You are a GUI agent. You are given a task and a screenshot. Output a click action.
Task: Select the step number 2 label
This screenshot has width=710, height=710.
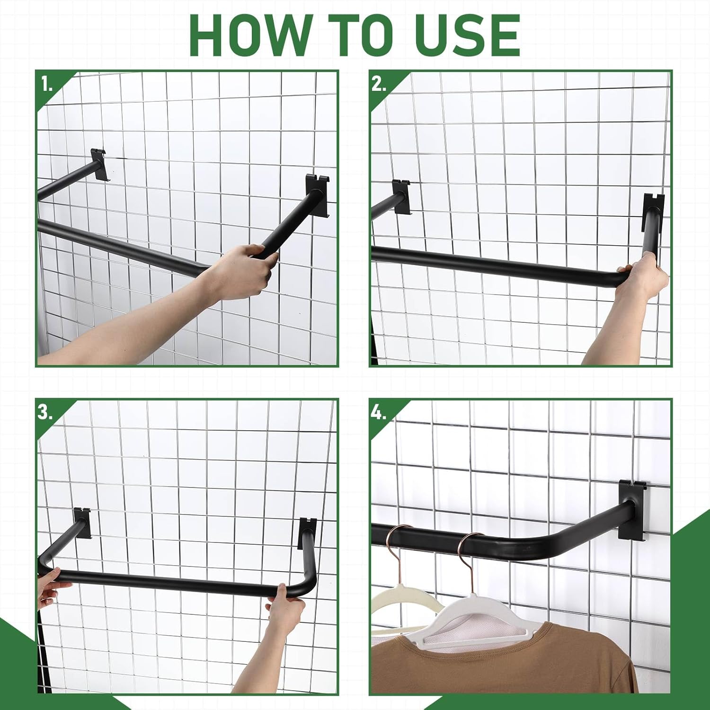379,84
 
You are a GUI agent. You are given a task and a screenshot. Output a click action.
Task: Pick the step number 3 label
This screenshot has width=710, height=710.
45,412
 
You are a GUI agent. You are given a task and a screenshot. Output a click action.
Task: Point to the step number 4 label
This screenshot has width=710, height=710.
379,412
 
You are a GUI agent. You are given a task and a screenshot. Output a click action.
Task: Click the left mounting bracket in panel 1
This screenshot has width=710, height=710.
99,165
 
